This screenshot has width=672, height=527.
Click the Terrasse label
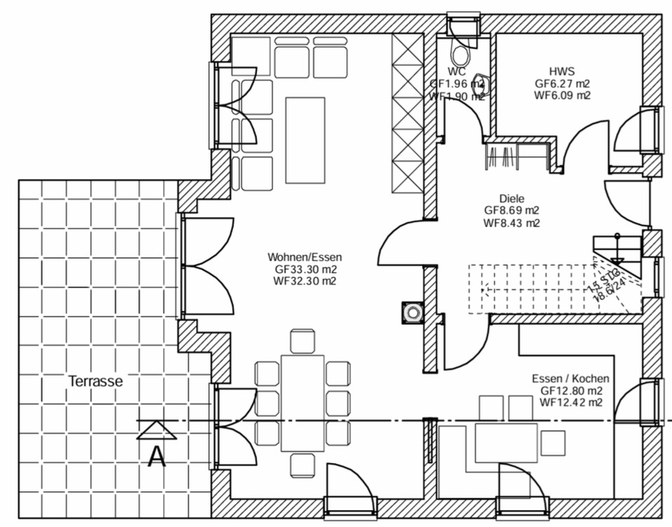(95, 382)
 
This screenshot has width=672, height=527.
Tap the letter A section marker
(157, 457)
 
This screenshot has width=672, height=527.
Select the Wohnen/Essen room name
(304, 257)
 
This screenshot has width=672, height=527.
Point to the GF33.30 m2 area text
(304, 269)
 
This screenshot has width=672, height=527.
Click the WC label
(457, 71)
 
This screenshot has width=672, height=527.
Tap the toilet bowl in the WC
(461, 54)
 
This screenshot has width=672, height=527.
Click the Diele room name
(512, 199)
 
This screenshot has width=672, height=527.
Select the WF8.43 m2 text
(512, 223)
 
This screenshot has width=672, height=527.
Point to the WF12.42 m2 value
(571, 403)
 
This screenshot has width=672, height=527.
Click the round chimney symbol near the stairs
(412, 311)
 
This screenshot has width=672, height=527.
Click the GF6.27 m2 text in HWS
(562, 83)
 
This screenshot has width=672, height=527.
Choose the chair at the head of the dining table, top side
(303, 341)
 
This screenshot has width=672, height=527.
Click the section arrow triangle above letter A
(156, 430)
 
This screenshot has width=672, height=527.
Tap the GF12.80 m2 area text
(571, 391)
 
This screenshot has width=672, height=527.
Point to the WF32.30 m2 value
(304, 281)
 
